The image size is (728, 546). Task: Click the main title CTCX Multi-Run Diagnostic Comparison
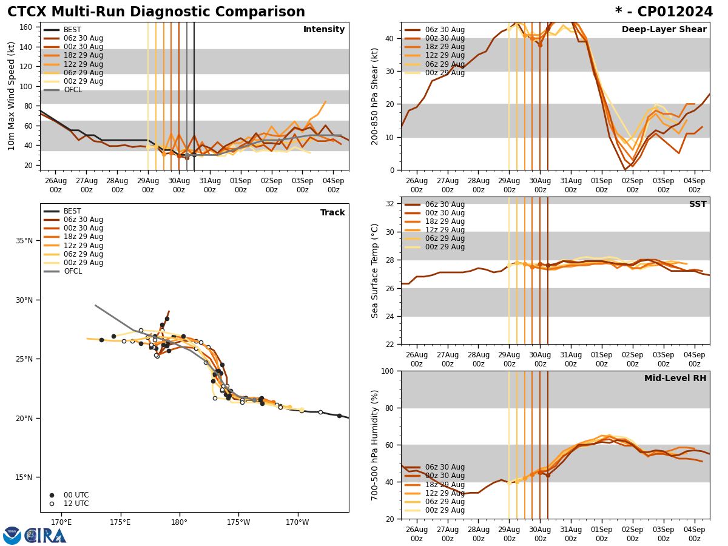point(156,12)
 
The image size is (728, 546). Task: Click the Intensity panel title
point(324,30)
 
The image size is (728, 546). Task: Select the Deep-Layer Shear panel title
point(664,30)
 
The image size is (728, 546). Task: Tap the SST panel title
point(698,204)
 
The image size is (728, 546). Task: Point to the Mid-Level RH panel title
point(675,379)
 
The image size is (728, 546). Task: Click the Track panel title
point(332,213)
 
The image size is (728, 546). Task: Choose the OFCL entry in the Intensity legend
point(72,90)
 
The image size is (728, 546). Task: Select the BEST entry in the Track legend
point(72,211)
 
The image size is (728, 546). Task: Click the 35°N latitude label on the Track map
point(25,241)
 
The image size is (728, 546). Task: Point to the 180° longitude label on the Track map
point(179,522)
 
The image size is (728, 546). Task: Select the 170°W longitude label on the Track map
point(297,522)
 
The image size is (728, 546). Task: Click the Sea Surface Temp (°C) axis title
point(375,271)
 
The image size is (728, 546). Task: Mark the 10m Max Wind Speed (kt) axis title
point(11,96)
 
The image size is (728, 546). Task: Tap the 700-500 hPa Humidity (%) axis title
point(375,445)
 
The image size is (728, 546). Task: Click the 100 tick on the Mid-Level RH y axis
point(387,371)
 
